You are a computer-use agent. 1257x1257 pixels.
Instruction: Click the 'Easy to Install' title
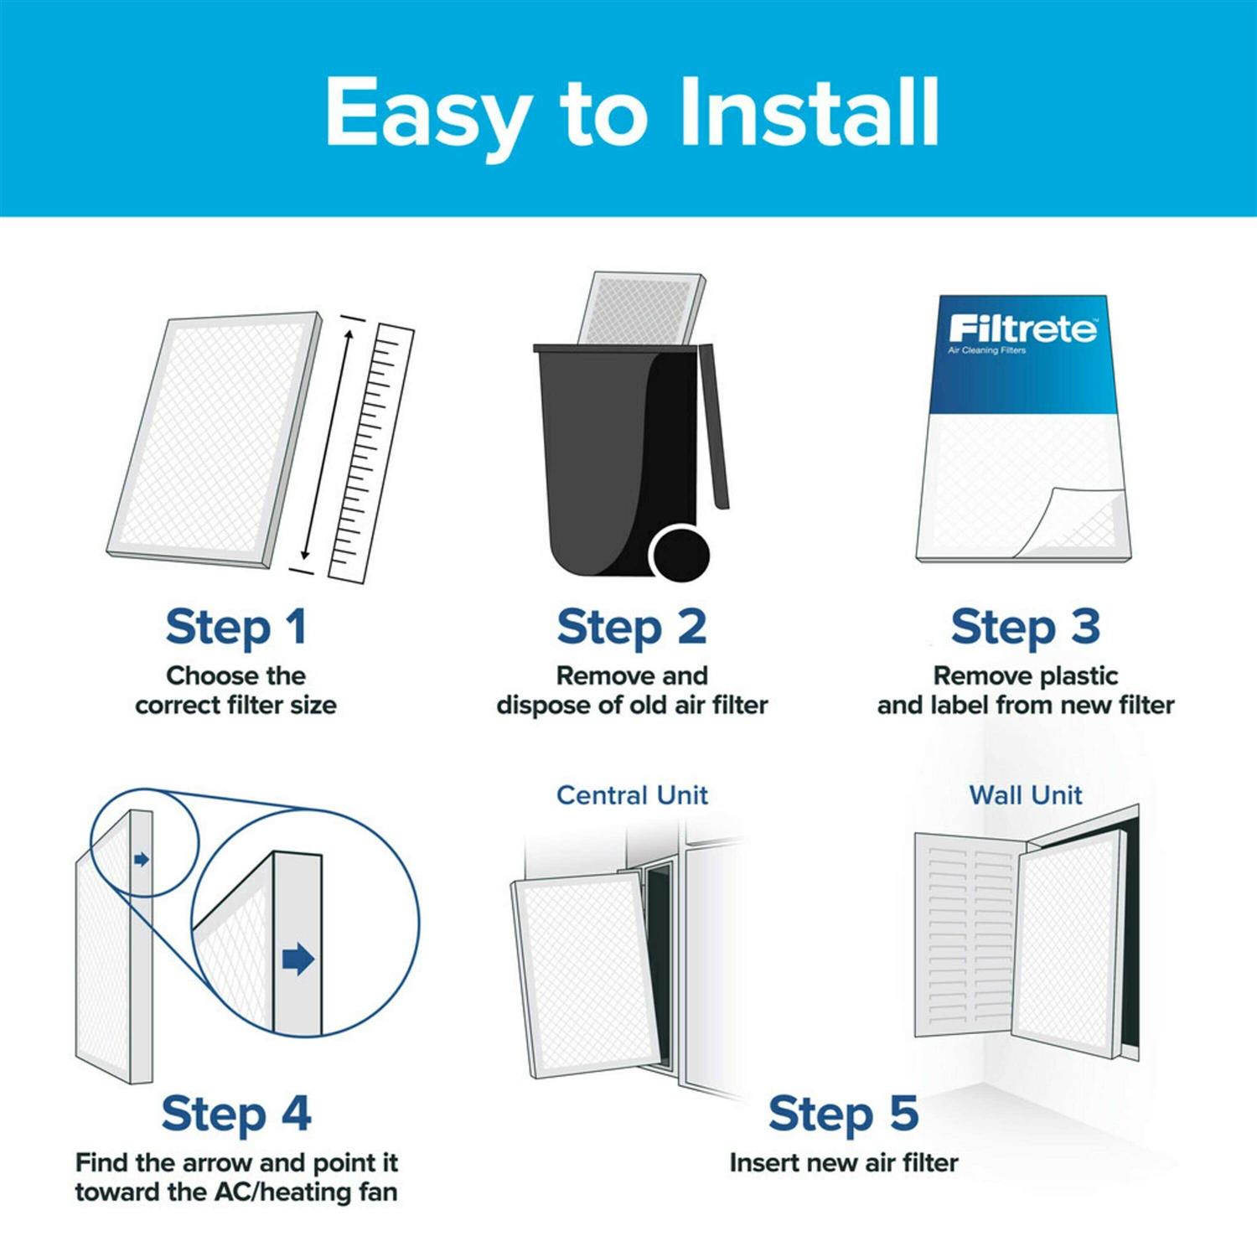(x=632, y=112)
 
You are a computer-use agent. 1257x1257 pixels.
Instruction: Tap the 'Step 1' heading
(x=236, y=628)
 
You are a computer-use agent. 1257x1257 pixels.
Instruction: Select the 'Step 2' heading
(x=632, y=628)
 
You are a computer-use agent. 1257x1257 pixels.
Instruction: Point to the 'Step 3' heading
(x=1025, y=628)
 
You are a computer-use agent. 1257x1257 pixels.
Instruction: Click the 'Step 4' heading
(x=236, y=1115)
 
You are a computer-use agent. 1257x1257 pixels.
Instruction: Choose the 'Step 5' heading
(x=843, y=1115)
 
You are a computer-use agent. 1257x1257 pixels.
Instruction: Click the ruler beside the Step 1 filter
(x=371, y=453)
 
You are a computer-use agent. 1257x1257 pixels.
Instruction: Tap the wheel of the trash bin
(x=680, y=554)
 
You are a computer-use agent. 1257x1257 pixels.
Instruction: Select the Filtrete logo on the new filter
(x=1022, y=328)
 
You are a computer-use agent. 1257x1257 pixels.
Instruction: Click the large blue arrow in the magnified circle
(x=297, y=959)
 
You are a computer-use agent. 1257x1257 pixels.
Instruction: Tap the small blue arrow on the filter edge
(x=142, y=860)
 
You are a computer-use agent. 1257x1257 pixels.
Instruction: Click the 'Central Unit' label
(x=632, y=795)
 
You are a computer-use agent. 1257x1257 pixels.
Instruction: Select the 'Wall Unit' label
(x=1025, y=795)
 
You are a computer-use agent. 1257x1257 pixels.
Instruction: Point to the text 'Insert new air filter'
(x=843, y=1163)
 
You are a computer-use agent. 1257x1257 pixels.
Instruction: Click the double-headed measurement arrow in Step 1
(x=328, y=444)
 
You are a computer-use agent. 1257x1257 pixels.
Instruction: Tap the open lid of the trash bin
(x=713, y=427)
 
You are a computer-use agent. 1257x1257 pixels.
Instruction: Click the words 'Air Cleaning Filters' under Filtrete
(x=986, y=350)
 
